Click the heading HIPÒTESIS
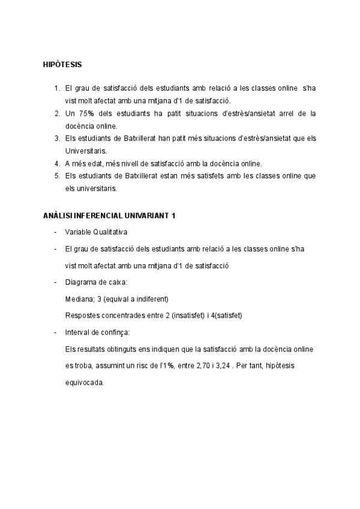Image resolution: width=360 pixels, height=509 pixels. coord(63,64)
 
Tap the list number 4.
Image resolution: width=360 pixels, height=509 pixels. coord(56,163)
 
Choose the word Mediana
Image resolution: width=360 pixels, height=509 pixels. coord(79,299)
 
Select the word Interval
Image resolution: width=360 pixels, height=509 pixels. coord(77,332)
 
